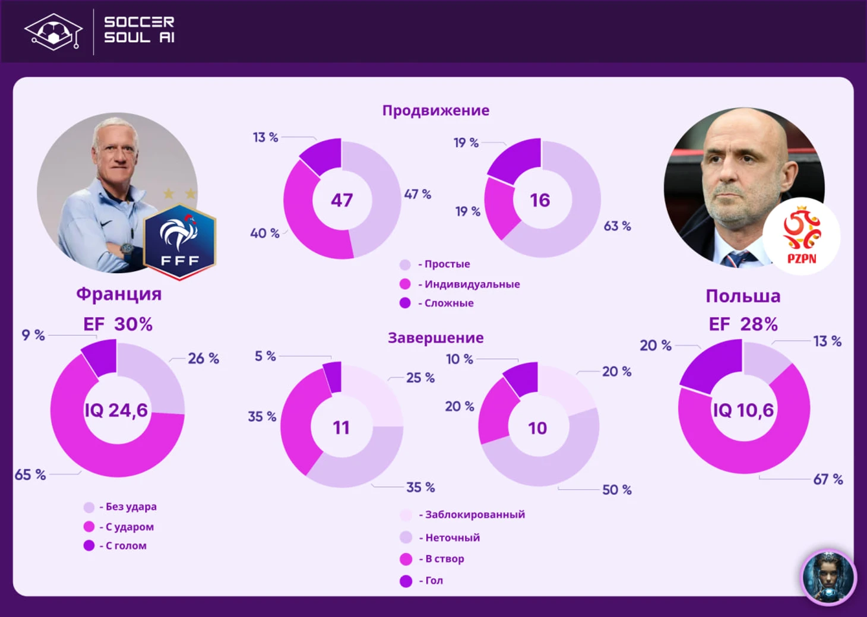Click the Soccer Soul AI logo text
click(x=140, y=30)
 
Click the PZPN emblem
click(x=802, y=236)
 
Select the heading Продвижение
click(x=436, y=110)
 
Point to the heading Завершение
click(x=436, y=338)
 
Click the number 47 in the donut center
click(x=342, y=200)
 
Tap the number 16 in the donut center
click(x=540, y=200)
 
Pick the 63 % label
click(x=618, y=226)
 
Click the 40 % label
click(x=265, y=233)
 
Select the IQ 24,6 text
click(x=116, y=410)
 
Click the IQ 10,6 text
click(x=743, y=410)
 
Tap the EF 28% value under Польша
click(x=743, y=324)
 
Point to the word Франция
click(x=119, y=294)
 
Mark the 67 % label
click(x=828, y=480)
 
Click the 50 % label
click(x=617, y=490)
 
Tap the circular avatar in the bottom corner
click(x=828, y=577)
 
